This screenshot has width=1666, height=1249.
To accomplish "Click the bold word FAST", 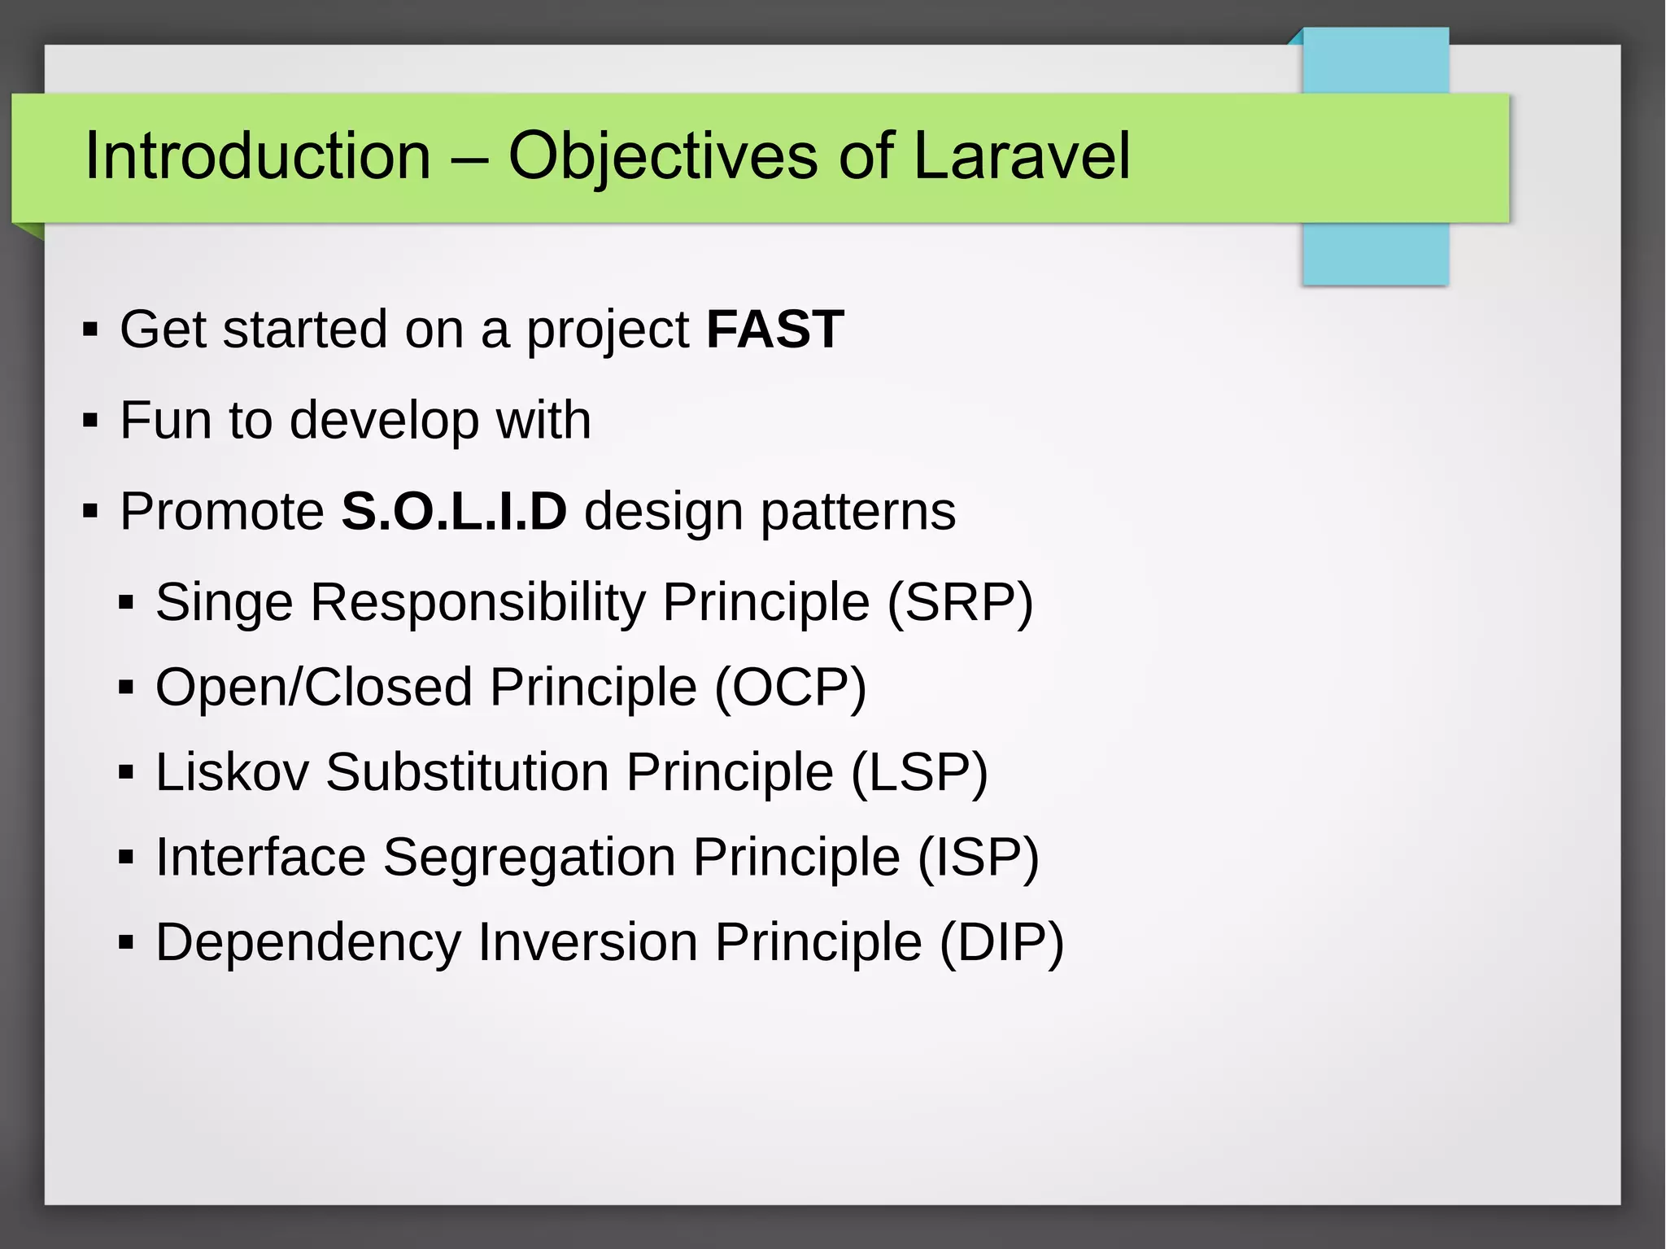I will click(x=774, y=330).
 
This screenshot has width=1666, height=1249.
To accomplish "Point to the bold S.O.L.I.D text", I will click(x=453, y=512).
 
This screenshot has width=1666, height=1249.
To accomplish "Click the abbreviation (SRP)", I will click(x=960, y=603).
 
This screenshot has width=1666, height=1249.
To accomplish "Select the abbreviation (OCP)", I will click(x=790, y=688).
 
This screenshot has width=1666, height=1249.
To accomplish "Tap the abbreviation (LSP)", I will click(x=919, y=772).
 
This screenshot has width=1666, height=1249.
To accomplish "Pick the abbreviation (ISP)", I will click(x=979, y=858).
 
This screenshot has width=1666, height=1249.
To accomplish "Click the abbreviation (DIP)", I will click(x=1001, y=942).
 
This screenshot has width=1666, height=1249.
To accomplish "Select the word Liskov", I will click(x=232, y=772).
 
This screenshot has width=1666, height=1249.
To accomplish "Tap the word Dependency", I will click(x=308, y=942).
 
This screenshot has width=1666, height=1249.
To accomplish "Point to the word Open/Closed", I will click(x=313, y=688).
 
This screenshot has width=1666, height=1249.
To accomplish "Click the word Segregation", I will click(x=529, y=858).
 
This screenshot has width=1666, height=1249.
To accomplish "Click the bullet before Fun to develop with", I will click(x=90, y=421).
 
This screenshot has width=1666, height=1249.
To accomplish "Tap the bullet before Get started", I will click(x=90, y=330).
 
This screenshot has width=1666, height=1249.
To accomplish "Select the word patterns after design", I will click(x=857, y=512).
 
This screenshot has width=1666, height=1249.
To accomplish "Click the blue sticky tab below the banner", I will click(x=1375, y=253).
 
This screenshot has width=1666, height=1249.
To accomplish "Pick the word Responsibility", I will click(x=478, y=603).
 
